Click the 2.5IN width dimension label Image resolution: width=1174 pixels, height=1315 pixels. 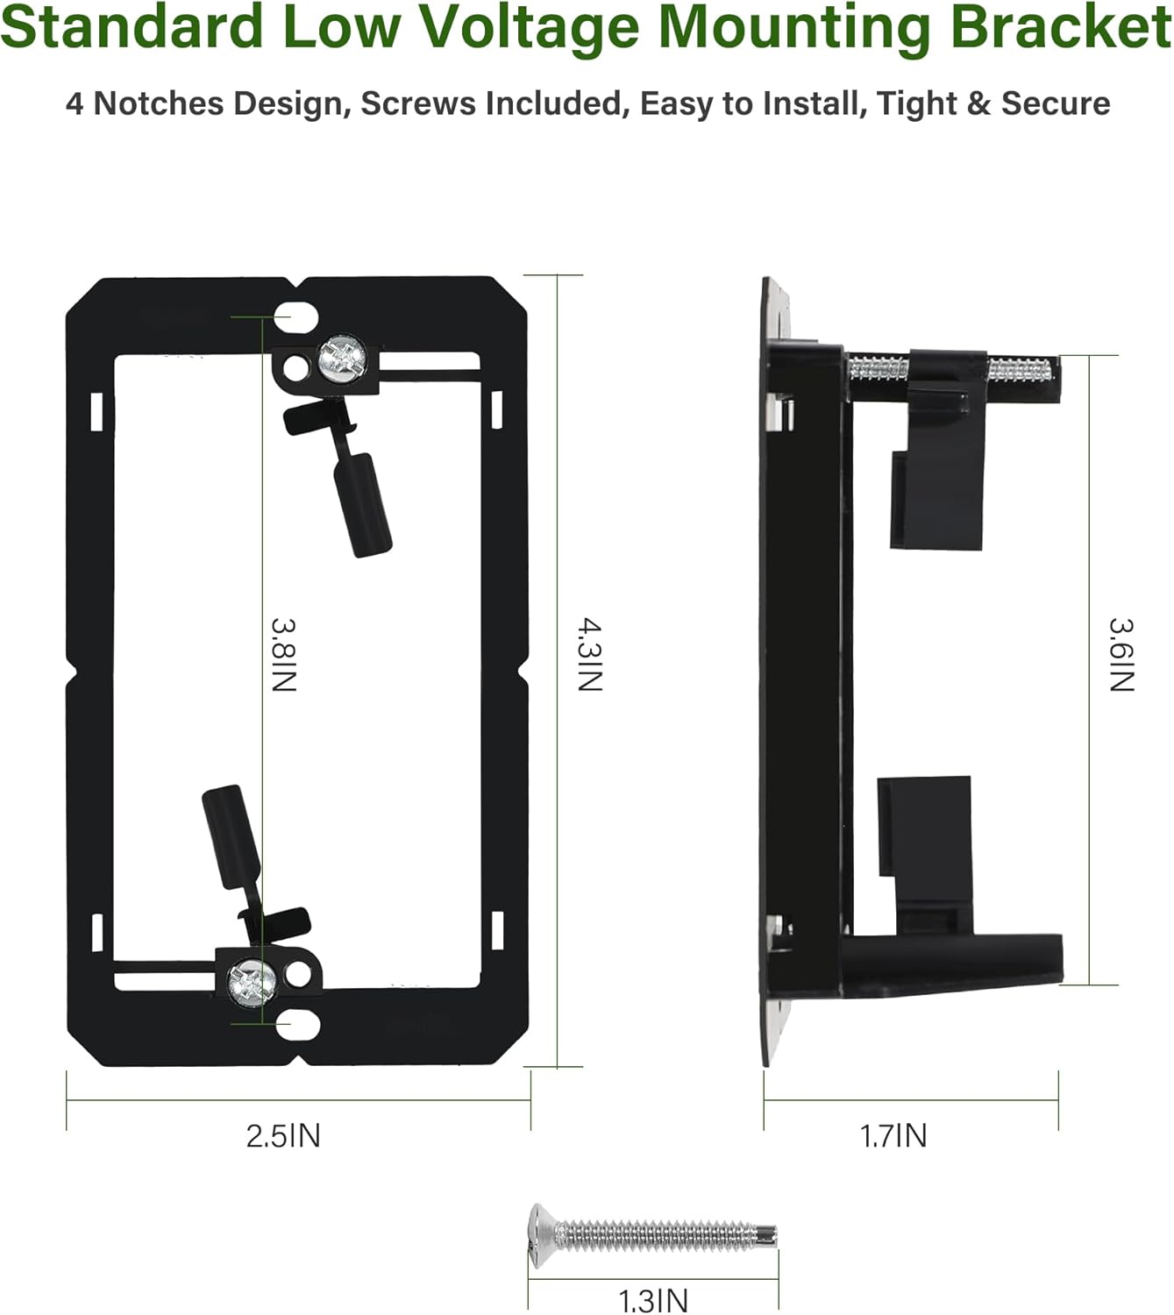point(283,1135)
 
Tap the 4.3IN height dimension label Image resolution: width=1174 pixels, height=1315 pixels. point(590,654)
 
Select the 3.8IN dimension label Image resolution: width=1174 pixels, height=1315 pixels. point(284,654)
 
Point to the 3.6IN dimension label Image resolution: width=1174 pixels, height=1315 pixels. point(1121,654)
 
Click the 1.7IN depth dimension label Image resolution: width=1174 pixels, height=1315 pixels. point(893,1135)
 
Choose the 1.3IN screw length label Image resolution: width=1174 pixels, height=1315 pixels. point(652,1300)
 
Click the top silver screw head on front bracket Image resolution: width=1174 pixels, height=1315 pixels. point(342,359)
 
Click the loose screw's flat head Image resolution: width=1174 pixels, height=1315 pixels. point(542,1235)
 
